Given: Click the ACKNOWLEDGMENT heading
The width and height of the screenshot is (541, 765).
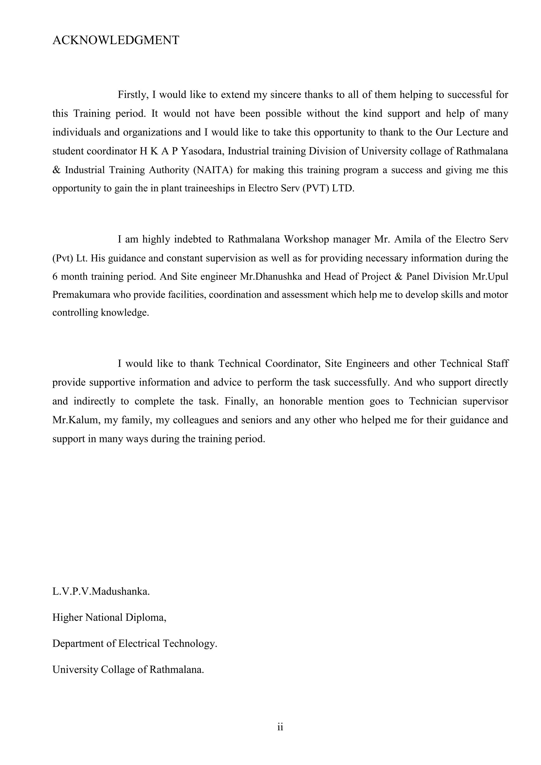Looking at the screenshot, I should [x=116, y=40].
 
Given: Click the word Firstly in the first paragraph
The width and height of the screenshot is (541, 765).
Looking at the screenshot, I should [x=133, y=95].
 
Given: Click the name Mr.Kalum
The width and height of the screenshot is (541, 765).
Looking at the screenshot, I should [x=76, y=420].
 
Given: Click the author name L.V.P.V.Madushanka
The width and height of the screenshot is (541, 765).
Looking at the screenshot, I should [x=101, y=591].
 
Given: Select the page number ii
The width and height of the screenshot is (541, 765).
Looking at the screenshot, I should [x=280, y=727].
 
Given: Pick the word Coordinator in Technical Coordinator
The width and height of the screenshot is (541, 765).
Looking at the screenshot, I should [x=293, y=363].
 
